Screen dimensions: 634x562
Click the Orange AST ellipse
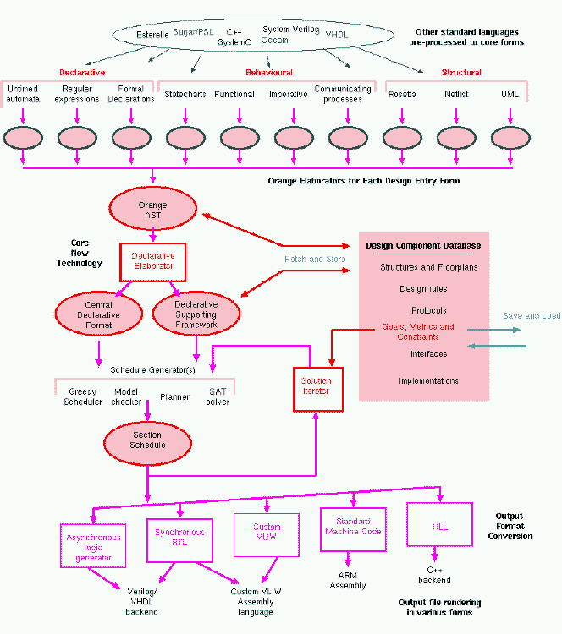click(152, 210)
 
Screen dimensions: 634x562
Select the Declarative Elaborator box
click(152, 260)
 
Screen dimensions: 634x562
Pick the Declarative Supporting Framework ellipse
click(196, 314)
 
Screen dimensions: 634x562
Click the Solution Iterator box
click(317, 388)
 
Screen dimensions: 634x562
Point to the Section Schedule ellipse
click(147, 440)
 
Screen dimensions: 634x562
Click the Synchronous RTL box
click(179, 538)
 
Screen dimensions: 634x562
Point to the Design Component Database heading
click(423, 246)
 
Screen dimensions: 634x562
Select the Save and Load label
click(532, 315)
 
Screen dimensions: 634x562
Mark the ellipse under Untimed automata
click(23, 137)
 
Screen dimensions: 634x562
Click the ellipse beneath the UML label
click(510, 137)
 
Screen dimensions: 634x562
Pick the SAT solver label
click(218, 396)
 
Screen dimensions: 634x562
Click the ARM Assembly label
click(349, 580)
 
